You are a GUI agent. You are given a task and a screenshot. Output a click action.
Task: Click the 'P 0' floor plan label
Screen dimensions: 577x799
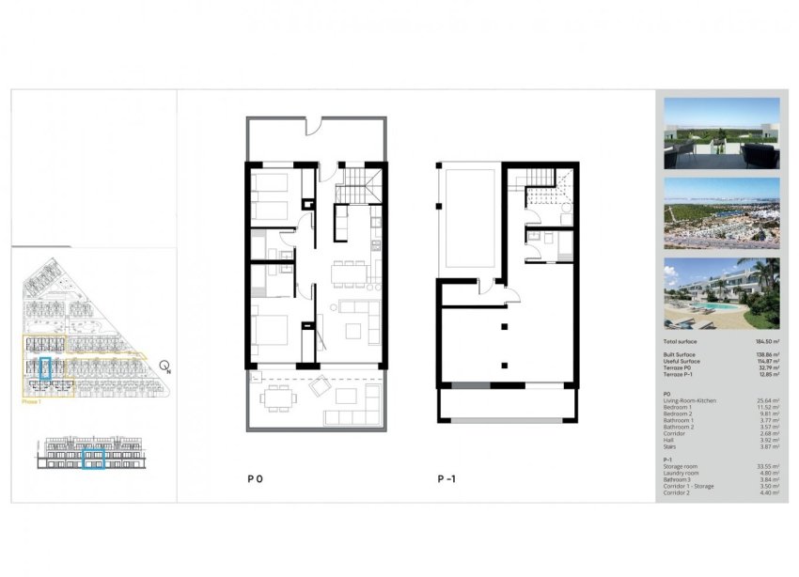255,478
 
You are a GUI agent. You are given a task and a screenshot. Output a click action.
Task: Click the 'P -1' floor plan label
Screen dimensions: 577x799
446,478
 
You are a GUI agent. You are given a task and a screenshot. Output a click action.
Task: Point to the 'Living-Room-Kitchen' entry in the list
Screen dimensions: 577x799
689,401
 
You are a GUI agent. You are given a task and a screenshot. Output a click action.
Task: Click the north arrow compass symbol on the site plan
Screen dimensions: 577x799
164,366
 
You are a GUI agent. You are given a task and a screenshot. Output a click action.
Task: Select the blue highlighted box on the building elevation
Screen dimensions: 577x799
93,460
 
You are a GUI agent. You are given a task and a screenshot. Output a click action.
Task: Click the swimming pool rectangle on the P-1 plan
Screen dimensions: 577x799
468,217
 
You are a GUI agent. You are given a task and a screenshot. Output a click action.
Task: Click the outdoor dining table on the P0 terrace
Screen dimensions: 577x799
277,399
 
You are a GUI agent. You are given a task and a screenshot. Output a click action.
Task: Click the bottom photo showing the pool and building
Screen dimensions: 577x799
721,291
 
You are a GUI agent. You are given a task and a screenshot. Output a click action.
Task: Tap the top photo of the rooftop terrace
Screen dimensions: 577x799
721,133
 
